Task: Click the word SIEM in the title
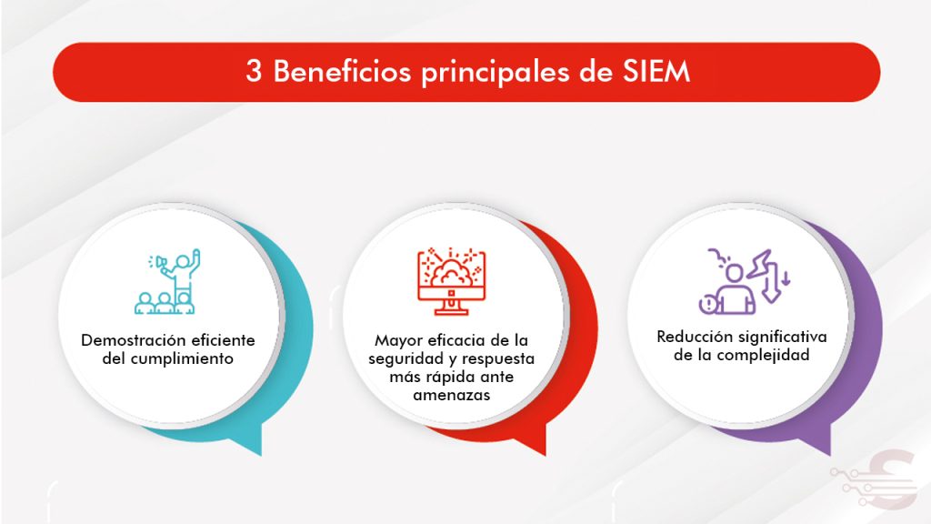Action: click(656, 71)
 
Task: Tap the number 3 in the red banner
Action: click(254, 72)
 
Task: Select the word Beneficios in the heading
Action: click(342, 71)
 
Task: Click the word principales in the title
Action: click(496, 73)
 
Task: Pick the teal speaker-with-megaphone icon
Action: click(167, 282)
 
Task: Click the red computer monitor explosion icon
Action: click(451, 281)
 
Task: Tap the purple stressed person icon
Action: click(745, 281)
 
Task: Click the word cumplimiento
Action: click(182, 358)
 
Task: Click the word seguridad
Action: click(406, 359)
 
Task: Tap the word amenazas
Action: click(452, 395)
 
